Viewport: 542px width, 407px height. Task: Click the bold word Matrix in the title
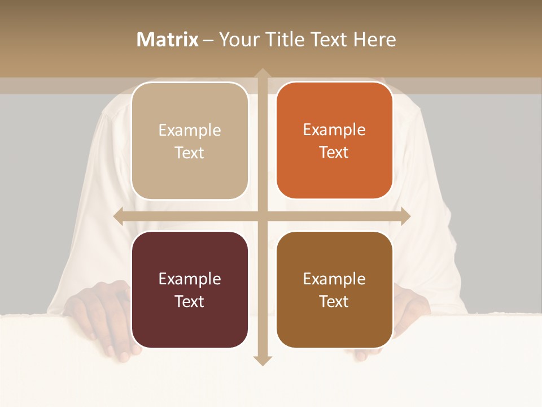(x=168, y=40)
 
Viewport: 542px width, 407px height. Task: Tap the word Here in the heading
(x=374, y=40)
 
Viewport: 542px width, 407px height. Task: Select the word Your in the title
(x=238, y=40)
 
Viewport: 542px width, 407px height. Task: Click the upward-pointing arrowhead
(x=262, y=74)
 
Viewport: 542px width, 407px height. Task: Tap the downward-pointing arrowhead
(x=262, y=360)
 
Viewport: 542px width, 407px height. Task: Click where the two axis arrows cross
(x=262, y=217)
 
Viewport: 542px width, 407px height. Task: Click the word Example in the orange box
(x=334, y=130)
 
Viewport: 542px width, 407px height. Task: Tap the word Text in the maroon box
(x=190, y=301)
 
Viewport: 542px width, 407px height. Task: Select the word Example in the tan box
(x=190, y=131)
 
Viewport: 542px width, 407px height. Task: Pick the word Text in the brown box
(x=334, y=301)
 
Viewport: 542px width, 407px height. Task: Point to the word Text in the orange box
(x=334, y=153)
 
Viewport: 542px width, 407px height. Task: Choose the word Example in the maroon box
(x=190, y=279)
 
